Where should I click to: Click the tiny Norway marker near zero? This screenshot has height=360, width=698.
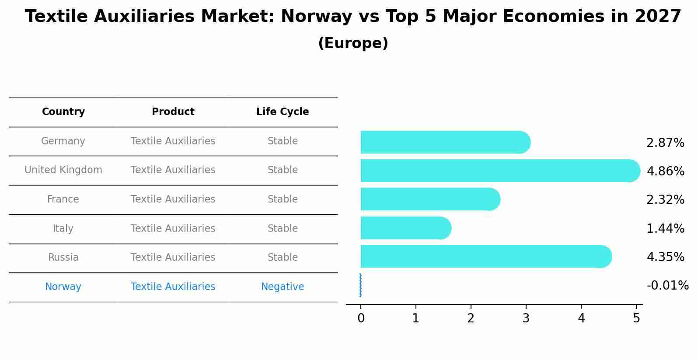[x=360, y=285]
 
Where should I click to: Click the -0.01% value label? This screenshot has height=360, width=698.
[x=667, y=286]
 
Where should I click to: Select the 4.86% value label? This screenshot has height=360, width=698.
[x=665, y=171]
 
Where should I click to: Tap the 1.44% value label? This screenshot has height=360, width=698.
[x=665, y=228]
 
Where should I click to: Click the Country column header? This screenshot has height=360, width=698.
[x=63, y=112]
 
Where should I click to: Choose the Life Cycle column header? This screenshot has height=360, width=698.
[x=283, y=112]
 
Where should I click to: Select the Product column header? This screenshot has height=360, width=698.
[x=173, y=112]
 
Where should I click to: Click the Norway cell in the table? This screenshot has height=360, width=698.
[x=63, y=287]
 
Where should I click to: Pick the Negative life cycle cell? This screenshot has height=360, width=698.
[x=283, y=287]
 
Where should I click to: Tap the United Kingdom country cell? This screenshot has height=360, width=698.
[x=63, y=170]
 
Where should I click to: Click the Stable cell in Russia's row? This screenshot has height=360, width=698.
[x=283, y=258]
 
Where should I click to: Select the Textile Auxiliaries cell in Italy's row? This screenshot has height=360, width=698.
[x=173, y=228]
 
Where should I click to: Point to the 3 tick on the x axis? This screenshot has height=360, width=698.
[x=526, y=318]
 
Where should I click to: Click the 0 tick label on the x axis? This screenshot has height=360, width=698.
[x=361, y=318]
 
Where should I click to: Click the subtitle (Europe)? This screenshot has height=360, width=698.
[x=353, y=43]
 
